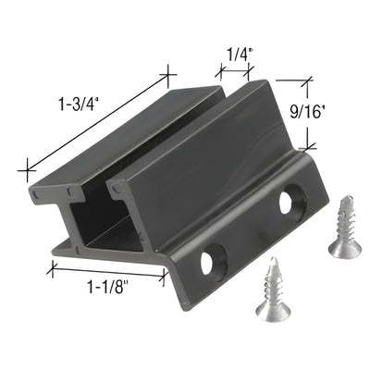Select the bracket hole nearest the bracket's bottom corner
click(x=215, y=261)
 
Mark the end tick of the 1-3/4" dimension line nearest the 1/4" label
click(x=167, y=75)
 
